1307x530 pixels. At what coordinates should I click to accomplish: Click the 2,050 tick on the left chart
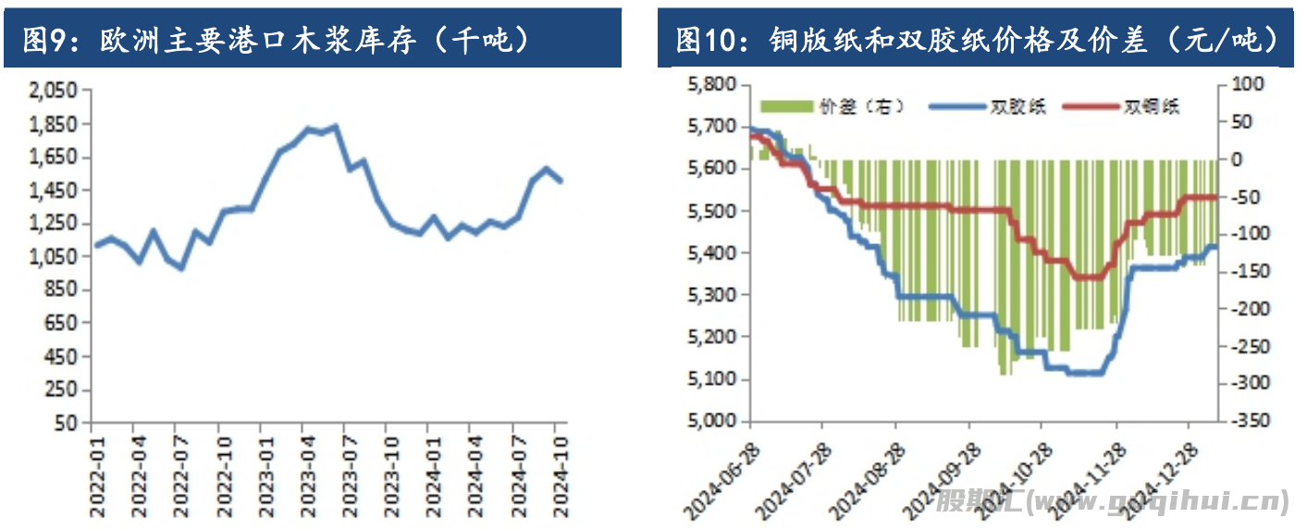click(54, 91)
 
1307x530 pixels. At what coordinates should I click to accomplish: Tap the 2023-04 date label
click(302, 468)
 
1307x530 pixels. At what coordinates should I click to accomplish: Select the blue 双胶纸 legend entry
click(984, 106)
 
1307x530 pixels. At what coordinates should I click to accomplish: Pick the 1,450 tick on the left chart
click(54, 191)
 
